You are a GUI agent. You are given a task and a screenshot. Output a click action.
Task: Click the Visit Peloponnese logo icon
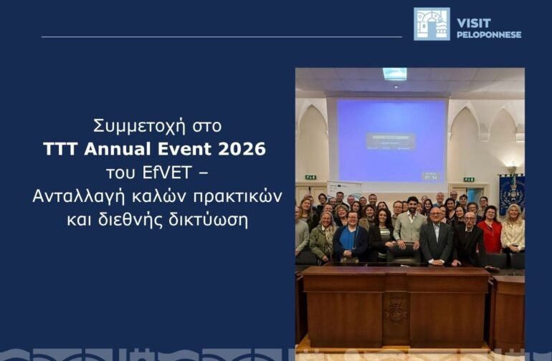click(432, 24)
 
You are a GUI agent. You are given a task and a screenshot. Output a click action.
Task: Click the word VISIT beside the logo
click(474, 23)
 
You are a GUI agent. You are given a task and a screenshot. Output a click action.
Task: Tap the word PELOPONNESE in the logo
click(489, 34)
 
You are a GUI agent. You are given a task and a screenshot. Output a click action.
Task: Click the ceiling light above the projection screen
click(394, 74)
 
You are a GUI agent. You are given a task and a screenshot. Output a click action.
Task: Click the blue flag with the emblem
click(512, 193)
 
